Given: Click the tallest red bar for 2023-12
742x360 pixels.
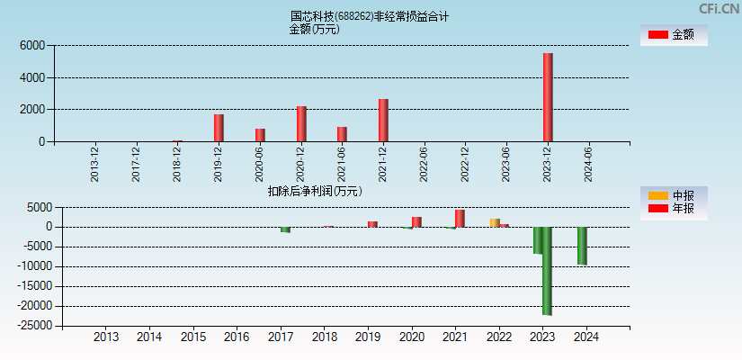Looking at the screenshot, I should pos(548,97).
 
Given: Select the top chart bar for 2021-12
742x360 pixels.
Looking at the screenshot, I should pos(383,121).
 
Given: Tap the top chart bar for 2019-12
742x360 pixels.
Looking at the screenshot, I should pos(219,128).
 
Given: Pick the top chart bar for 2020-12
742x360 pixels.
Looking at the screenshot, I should pos(301,124).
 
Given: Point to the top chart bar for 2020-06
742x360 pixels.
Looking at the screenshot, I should pos(260,135).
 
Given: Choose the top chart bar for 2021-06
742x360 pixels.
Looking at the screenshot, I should pos(342,134).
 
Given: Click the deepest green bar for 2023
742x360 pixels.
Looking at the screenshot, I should pos(547,270).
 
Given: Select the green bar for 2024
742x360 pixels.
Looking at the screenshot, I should pos(582,246).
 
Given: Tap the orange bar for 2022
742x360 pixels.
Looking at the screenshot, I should pos(495,222).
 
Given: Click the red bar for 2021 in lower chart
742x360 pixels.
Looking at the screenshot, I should pos(460,218).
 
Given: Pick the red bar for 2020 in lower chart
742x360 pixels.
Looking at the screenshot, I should pos(416,221).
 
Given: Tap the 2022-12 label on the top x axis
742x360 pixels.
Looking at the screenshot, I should pos(465,164).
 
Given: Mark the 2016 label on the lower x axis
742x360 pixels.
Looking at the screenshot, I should pos(237,337).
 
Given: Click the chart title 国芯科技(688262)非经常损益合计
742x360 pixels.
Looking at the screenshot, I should pos(370,16).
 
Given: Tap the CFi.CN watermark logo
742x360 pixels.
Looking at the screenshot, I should pos(720,9).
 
